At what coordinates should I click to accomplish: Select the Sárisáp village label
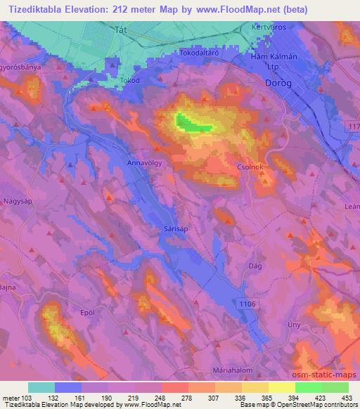(x=172, y=229)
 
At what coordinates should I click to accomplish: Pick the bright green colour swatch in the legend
(x=308, y=387)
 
